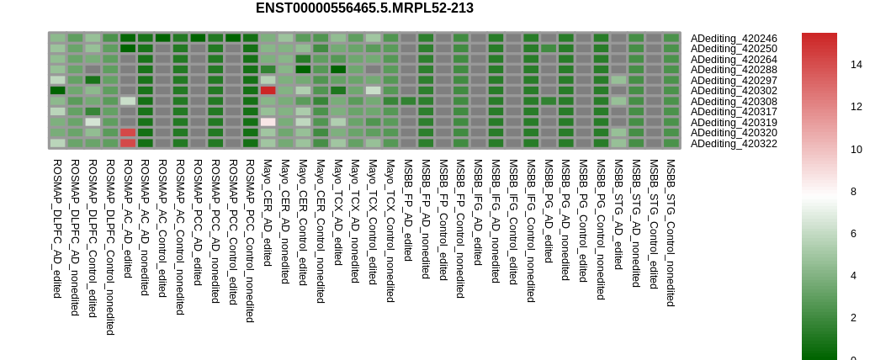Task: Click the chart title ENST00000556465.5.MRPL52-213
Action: pyautogui.click(x=364, y=8)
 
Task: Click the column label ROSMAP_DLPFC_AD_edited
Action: pyautogui.click(x=57, y=228)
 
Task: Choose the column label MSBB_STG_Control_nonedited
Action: pyautogui.click(x=671, y=233)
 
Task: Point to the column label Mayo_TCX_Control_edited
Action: pyautogui.click(x=373, y=222)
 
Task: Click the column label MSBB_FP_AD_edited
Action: pyautogui.click(x=408, y=210)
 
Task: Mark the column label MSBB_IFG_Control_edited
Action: pyautogui.click(x=513, y=221)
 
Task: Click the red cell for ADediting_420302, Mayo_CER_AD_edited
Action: pyautogui.click(x=268, y=91)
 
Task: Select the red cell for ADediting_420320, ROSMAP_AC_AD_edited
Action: pyautogui.click(x=128, y=133)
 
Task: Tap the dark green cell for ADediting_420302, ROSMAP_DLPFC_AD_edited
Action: pyautogui.click(x=57, y=91)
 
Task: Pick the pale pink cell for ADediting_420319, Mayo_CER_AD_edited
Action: pyautogui.click(x=268, y=122)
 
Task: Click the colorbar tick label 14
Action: pyautogui.click(x=857, y=65)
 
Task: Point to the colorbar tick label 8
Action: pyautogui.click(x=853, y=192)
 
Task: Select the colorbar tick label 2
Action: pyautogui.click(x=853, y=318)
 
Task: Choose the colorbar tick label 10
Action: pyautogui.click(x=857, y=150)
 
